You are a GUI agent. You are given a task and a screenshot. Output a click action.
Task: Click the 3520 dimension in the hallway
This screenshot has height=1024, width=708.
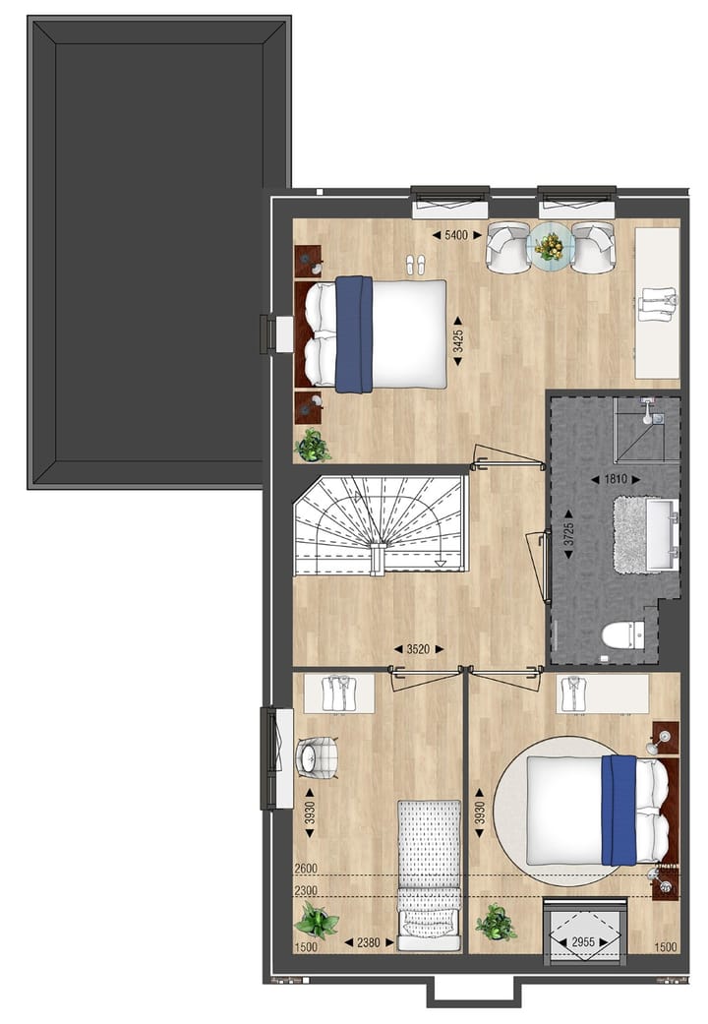tap(420, 648)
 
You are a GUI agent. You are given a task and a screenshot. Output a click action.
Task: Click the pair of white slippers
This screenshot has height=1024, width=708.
tap(416, 264)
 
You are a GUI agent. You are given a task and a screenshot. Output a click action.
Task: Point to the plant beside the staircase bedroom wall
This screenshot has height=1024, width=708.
tap(313, 445)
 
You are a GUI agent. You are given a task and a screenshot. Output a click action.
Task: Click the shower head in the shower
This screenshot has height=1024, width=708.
tap(649, 413)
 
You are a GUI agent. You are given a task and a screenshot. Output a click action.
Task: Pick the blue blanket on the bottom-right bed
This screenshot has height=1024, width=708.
tap(619, 810)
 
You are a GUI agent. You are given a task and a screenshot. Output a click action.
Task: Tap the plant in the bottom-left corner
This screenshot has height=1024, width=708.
tap(317, 923)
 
